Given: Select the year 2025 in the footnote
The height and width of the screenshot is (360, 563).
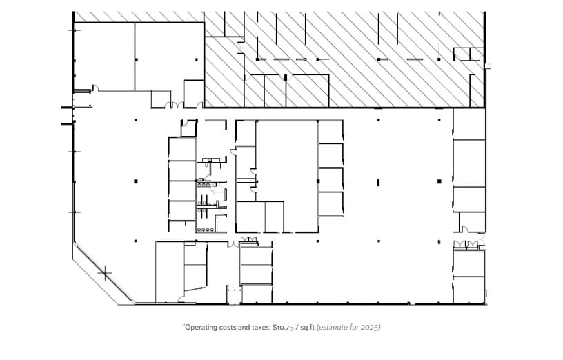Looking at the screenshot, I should tap(371, 327).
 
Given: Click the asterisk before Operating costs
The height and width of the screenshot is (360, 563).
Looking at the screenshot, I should tap(184, 326).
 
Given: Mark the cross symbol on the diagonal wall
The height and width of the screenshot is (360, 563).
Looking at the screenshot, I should tap(105, 274).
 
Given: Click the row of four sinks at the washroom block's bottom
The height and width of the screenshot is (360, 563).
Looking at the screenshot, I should tap(205, 230).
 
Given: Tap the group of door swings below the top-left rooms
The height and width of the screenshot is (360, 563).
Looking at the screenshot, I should tap(172, 105).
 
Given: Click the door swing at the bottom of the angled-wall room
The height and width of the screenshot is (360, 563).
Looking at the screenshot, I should tap(181, 298).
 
